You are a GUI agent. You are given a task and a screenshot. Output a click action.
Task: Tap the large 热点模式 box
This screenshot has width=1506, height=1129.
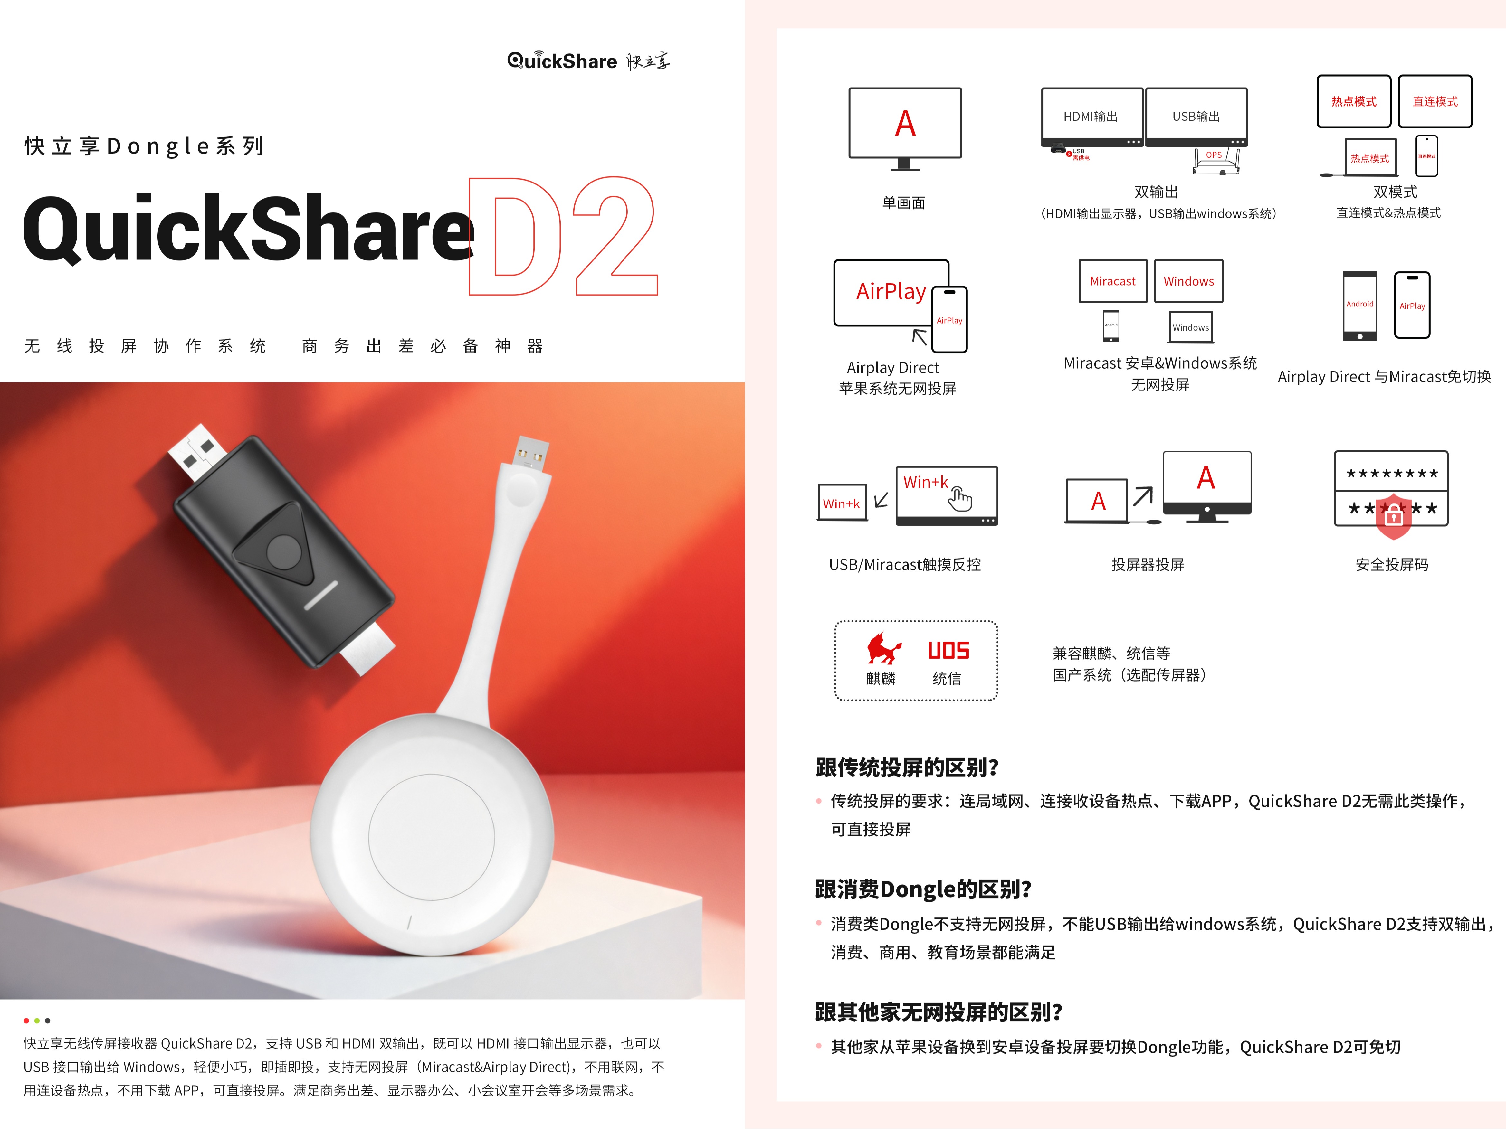click(1353, 101)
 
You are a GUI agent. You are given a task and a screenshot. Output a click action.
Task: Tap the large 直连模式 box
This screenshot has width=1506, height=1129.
click(1435, 101)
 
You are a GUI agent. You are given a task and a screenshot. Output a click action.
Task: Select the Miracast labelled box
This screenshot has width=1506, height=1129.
click(1112, 281)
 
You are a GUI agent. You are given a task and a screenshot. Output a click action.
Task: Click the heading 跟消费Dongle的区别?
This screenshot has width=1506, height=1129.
click(923, 889)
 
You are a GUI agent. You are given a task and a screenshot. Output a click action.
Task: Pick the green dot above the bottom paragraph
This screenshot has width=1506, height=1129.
click(37, 1021)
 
